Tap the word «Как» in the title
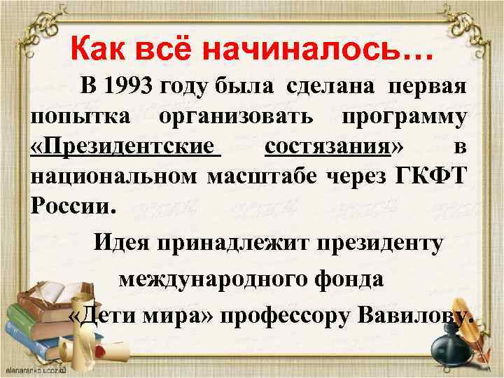point(99,50)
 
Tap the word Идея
point(123,244)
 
